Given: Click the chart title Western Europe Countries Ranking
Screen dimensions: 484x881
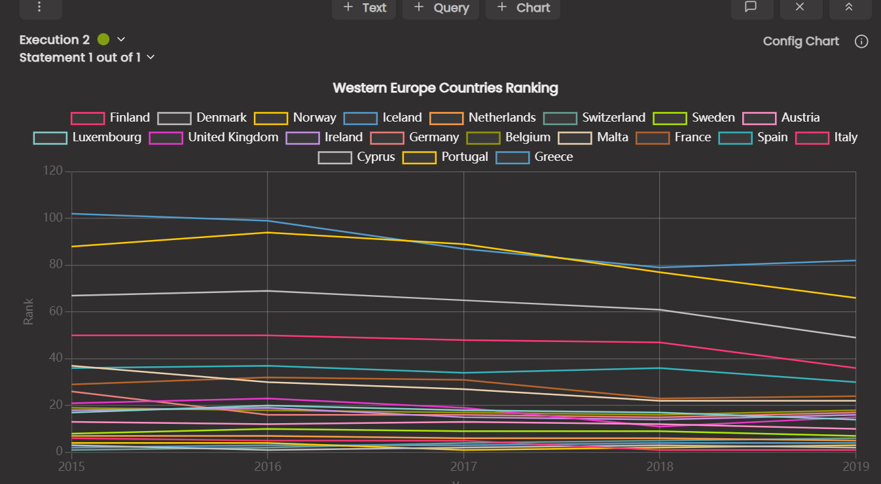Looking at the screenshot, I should click(445, 88).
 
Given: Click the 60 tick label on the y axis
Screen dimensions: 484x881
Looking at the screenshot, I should click(56, 311).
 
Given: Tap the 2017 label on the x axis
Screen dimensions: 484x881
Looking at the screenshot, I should click(464, 466).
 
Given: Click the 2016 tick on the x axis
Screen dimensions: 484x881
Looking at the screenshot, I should click(268, 466).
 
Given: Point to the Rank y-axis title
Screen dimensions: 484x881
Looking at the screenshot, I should click(29, 312).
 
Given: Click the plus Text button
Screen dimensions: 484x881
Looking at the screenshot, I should click(365, 8).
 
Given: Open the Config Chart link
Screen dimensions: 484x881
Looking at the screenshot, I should click(800, 41).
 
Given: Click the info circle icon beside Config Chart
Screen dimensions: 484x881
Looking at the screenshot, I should click(861, 42).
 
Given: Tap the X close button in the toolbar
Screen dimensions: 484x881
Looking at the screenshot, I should click(799, 7).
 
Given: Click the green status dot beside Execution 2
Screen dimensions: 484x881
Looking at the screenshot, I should click(103, 40).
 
